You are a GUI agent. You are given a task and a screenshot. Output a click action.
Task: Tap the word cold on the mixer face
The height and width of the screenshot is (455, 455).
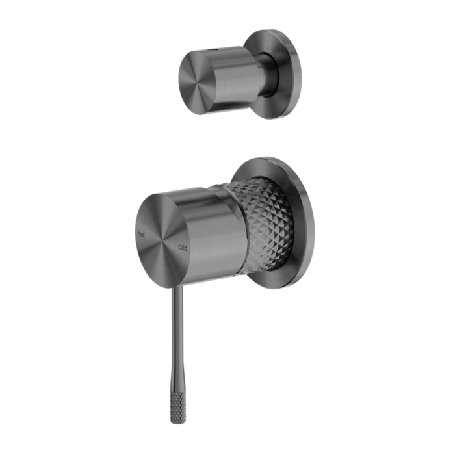coord(183,245)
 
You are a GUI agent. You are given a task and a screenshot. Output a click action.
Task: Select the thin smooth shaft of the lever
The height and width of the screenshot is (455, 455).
coord(175,325)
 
